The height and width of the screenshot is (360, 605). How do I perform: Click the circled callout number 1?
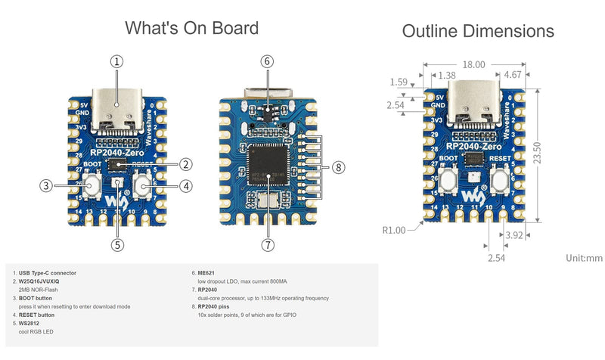tap(116, 62)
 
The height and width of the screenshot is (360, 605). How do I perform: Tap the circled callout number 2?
tap(186, 164)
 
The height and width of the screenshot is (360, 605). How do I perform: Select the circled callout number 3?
tap(46, 185)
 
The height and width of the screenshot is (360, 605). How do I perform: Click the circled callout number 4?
tap(186, 185)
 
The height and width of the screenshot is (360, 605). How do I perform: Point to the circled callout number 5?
tap(116, 244)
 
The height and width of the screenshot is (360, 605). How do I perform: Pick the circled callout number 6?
tap(268, 62)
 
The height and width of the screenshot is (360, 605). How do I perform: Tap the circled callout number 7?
tap(268, 244)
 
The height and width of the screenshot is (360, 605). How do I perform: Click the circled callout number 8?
tap(338, 167)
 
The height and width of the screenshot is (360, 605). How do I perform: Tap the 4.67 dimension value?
tap(511, 76)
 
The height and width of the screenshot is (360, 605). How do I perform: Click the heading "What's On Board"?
tap(191, 29)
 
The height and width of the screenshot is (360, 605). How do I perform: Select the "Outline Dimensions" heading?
tap(478, 31)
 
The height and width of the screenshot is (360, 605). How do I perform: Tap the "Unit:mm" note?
tap(584, 258)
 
